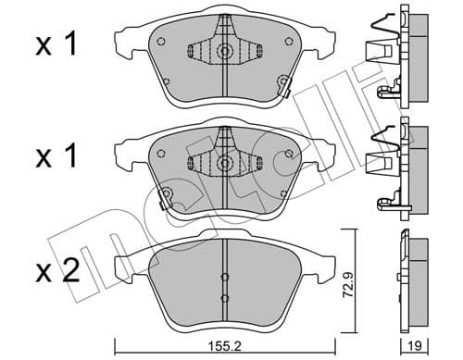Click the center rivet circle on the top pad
point(224,52)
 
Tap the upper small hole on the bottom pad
point(224,276)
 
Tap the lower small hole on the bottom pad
point(224,297)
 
